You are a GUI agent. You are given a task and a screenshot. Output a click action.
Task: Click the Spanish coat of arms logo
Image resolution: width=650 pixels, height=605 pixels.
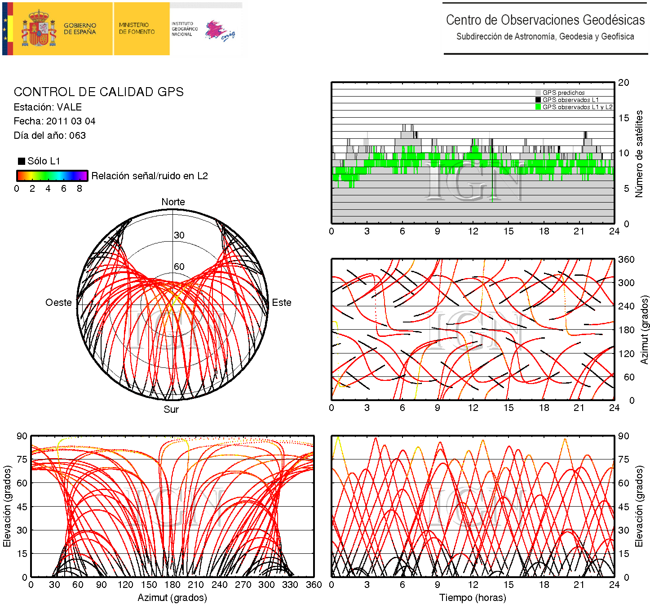tap(39, 29)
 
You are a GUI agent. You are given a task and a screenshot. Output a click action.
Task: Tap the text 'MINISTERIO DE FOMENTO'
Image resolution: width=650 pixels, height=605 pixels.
tap(137, 28)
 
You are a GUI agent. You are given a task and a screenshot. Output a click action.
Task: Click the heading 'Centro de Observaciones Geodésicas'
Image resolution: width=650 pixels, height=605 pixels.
tap(545, 20)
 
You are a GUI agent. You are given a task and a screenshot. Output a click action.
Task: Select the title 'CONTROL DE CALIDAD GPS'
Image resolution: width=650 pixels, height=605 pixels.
tap(99, 92)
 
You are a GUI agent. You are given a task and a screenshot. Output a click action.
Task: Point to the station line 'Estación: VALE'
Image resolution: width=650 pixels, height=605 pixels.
tap(48, 107)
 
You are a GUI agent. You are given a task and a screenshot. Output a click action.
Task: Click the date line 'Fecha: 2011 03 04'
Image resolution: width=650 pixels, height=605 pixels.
tap(54, 121)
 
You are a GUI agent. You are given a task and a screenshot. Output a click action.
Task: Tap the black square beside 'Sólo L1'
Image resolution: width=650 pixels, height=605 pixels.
tap(21, 161)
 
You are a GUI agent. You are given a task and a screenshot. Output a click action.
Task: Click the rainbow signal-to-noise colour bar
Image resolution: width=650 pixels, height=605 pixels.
tap(52, 176)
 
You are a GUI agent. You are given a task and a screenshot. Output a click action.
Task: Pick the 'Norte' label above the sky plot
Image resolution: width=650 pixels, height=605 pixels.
tap(173, 202)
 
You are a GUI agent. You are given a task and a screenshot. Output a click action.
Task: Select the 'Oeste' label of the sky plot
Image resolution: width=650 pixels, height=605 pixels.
tap(58, 303)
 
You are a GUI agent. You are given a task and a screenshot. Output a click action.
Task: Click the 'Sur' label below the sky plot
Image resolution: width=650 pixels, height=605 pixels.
tap(171, 409)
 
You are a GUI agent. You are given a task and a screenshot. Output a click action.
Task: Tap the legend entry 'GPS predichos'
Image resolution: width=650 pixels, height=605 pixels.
tap(563, 93)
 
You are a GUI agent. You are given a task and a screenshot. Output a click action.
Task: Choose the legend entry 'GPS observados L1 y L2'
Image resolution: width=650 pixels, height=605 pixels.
tap(577, 107)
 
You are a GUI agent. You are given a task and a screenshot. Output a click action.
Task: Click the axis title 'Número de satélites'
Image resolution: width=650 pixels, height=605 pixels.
tap(639, 154)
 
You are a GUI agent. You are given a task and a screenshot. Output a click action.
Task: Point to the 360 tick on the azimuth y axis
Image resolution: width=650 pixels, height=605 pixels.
tap(626, 260)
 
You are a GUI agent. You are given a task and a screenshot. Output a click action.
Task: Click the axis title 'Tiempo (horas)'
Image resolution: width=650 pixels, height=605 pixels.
tap(473, 598)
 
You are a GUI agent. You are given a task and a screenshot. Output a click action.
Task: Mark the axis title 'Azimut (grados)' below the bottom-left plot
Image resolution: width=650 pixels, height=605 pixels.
tap(172, 598)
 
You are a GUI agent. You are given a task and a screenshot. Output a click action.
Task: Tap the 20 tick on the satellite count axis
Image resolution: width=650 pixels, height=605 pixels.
tap(623, 83)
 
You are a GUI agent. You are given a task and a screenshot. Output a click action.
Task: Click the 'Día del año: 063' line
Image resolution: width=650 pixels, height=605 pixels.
tap(49, 136)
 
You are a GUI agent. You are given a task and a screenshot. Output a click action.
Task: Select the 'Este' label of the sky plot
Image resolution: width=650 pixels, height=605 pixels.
tap(282, 303)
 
